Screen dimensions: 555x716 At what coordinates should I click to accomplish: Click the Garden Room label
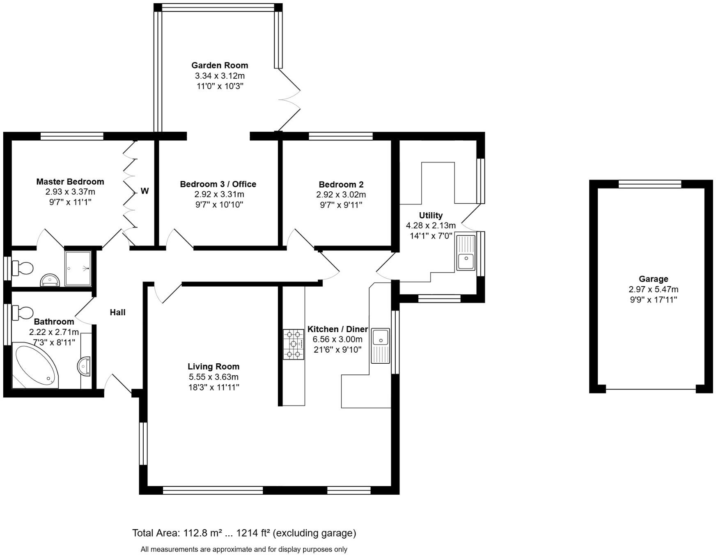click(x=220, y=65)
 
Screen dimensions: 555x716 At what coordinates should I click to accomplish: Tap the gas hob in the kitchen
click(x=294, y=344)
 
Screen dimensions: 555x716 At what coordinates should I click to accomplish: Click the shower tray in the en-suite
click(x=78, y=268)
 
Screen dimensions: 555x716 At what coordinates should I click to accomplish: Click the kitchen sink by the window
click(x=381, y=345)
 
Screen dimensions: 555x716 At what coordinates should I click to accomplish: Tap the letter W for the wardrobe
click(x=145, y=191)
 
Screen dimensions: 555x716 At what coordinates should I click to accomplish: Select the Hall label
click(x=117, y=312)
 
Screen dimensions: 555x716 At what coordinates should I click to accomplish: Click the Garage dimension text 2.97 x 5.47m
click(x=653, y=289)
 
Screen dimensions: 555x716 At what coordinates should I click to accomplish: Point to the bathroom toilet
click(x=23, y=312)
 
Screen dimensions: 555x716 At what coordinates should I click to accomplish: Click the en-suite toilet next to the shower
click(x=23, y=268)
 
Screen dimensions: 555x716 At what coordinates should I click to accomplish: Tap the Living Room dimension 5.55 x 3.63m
click(x=213, y=377)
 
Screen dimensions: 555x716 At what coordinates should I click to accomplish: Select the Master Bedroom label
click(x=70, y=181)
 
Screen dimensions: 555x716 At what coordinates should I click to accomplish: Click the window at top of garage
click(x=649, y=183)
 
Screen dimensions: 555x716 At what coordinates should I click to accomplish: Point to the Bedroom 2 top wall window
click(x=340, y=136)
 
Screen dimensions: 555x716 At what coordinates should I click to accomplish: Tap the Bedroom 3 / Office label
click(x=218, y=184)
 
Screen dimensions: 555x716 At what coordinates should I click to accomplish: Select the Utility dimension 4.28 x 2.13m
click(x=431, y=225)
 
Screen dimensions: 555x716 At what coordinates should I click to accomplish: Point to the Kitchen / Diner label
click(x=337, y=329)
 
